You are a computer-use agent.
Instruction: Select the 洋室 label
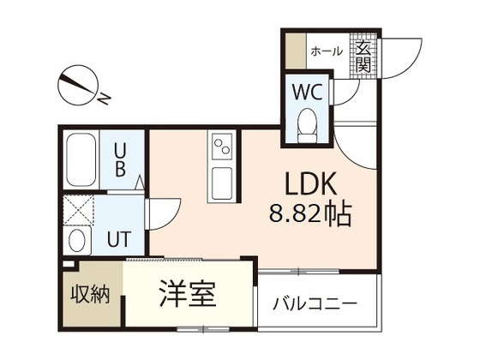[187, 294]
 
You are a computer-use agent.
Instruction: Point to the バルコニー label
[315, 303]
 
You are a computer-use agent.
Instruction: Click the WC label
[308, 91]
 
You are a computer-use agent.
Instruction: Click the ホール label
[327, 51]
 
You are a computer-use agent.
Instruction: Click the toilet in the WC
[307, 127]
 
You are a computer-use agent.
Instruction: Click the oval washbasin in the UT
[76, 238]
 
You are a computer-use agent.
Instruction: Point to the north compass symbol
[77, 86]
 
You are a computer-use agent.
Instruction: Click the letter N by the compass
[102, 99]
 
